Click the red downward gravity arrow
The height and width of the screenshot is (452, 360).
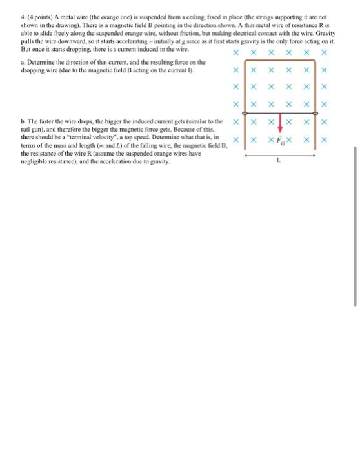point(279,127)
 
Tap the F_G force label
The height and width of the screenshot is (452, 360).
point(279,139)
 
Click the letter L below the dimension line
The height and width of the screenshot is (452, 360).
point(278,163)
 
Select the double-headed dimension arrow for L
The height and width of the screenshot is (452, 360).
point(278,154)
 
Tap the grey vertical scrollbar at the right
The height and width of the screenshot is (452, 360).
point(355,226)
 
